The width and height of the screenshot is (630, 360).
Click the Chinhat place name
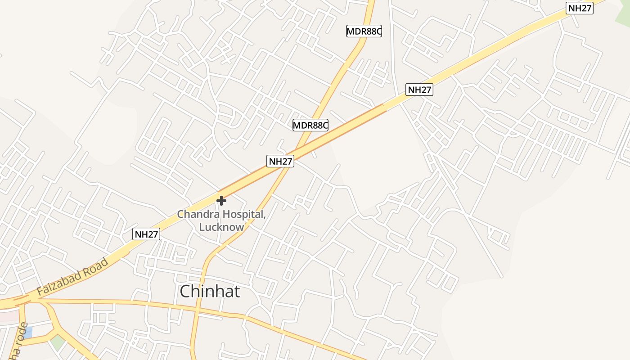pyautogui.click(x=210, y=292)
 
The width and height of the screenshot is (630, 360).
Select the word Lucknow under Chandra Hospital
pyautogui.click(x=221, y=227)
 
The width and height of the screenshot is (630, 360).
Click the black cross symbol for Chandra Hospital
pyautogui.click(x=221, y=201)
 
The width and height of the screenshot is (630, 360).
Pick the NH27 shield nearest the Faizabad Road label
pyautogui.click(x=147, y=234)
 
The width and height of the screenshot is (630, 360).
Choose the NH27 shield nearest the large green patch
pyautogui.click(x=580, y=8)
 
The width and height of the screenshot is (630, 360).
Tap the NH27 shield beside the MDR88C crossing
pyautogui.click(x=280, y=161)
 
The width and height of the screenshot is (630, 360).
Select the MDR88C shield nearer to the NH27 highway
pyautogui.click(x=310, y=125)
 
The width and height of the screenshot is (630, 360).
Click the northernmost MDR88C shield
pyautogui.click(x=364, y=31)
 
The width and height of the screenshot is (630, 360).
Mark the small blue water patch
pyautogui.click(x=27, y=333)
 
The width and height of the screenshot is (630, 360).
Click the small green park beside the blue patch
pyautogui.click(x=57, y=342)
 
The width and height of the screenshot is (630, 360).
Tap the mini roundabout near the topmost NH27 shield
pyautogui.click(x=537, y=8)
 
